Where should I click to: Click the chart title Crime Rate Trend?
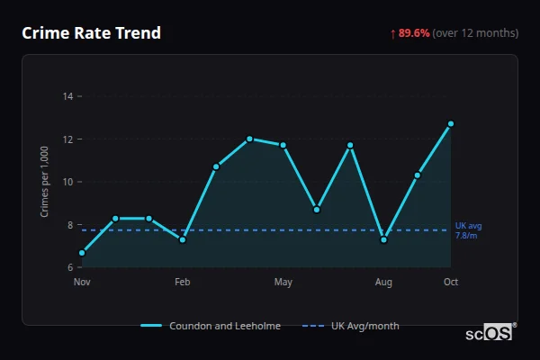point(91,33)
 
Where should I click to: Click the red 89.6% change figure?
point(413,33)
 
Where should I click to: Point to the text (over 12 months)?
point(475,33)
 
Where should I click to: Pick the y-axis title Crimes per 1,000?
point(45,182)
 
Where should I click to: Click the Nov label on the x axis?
point(82,283)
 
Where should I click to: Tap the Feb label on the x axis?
point(183,283)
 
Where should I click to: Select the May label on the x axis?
point(283,283)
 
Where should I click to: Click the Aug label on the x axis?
point(384,283)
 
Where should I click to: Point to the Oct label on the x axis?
point(451,283)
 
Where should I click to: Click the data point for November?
point(82,253)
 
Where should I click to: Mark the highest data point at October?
point(451,123)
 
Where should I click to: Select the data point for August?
point(384,239)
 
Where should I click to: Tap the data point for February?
point(183,239)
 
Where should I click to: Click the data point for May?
point(283,145)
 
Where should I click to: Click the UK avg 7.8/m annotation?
point(468,230)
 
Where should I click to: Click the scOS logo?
point(489,333)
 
